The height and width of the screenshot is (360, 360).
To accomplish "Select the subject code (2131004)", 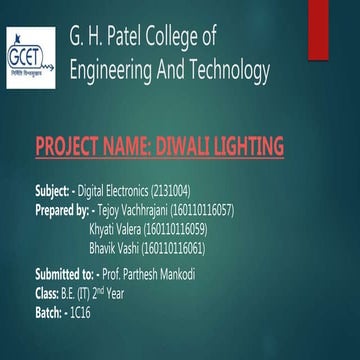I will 191,189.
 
